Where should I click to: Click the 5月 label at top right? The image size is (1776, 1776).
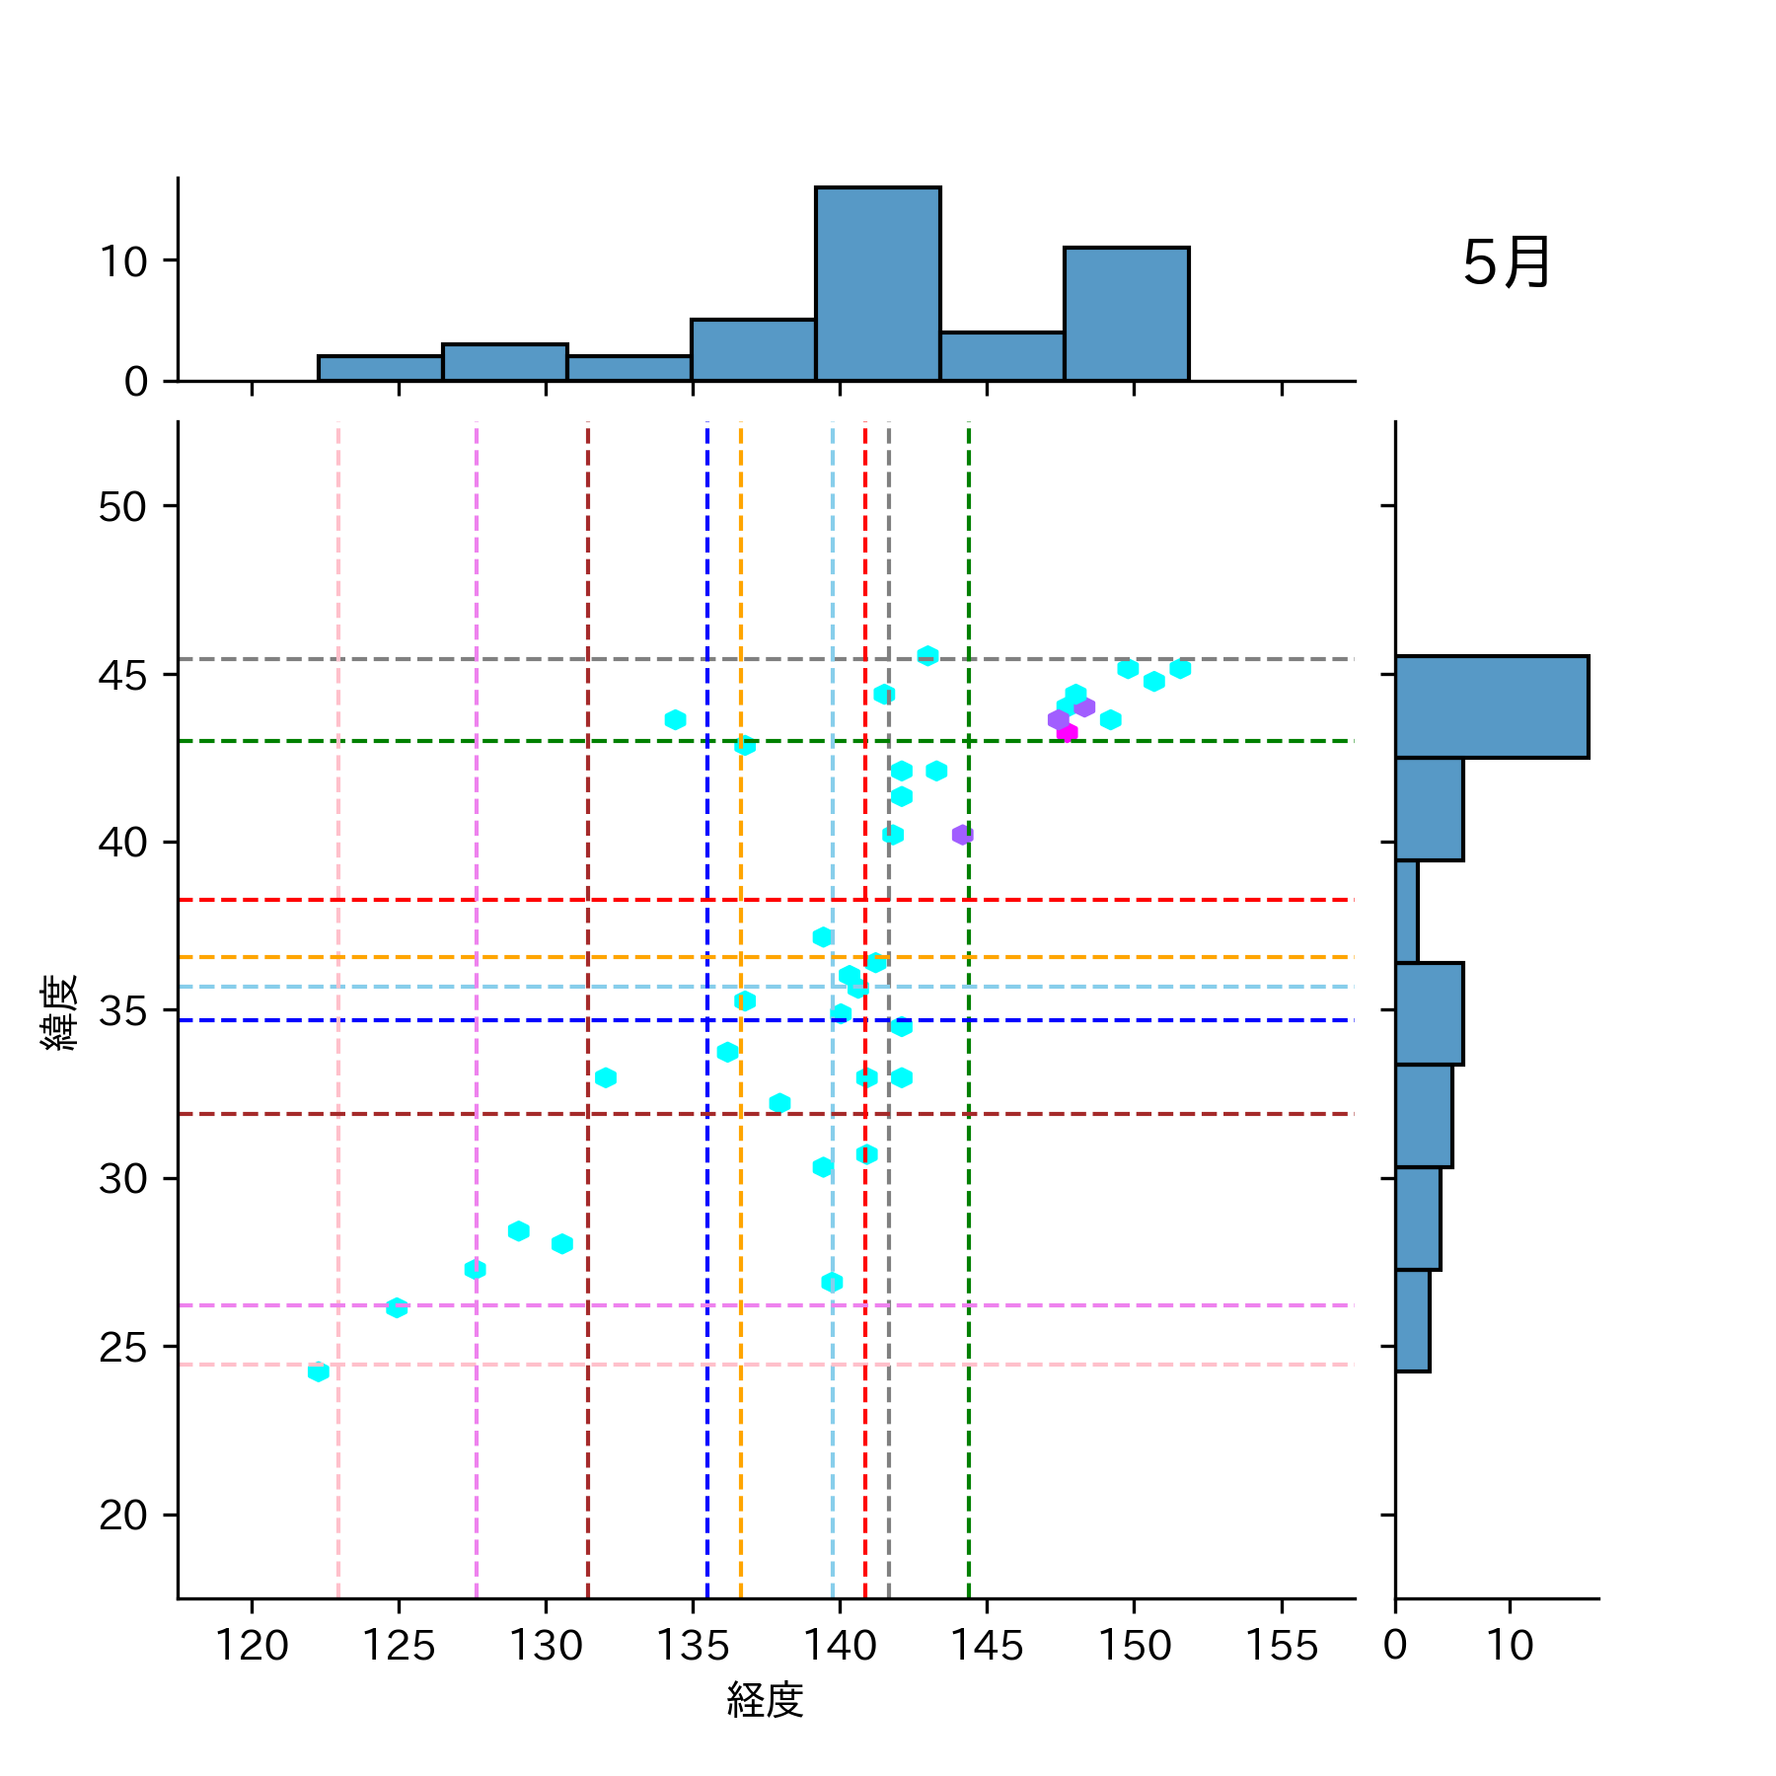pyautogui.click(x=1506, y=263)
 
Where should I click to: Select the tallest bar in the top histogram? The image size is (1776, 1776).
pyautogui.click(x=877, y=284)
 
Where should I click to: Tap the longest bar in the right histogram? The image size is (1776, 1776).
pyautogui.click(x=1491, y=706)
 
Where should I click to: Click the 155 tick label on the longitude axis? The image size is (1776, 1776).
pyautogui.click(x=1281, y=1646)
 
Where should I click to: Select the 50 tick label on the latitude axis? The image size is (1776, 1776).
pyautogui.click(x=122, y=507)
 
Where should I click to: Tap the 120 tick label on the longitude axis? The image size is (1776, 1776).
pyautogui.click(x=252, y=1646)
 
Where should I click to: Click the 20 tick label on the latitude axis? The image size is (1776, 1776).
pyautogui.click(x=122, y=1516)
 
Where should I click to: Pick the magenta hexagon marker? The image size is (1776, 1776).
pyautogui.click(x=1067, y=732)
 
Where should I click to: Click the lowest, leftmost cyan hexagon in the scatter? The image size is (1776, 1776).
pyautogui.click(x=318, y=1371)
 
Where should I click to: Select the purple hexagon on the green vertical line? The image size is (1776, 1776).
pyautogui.click(x=962, y=835)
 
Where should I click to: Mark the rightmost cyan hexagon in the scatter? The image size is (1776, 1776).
pyautogui.click(x=1180, y=669)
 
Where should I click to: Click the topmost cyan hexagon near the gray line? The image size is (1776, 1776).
pyautogui.click(x=927, y=656)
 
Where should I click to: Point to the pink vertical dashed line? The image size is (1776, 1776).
pyautogui.click(x=338, y=888)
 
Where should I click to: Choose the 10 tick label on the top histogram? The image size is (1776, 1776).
pyautogui.click(x=122, y=261)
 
